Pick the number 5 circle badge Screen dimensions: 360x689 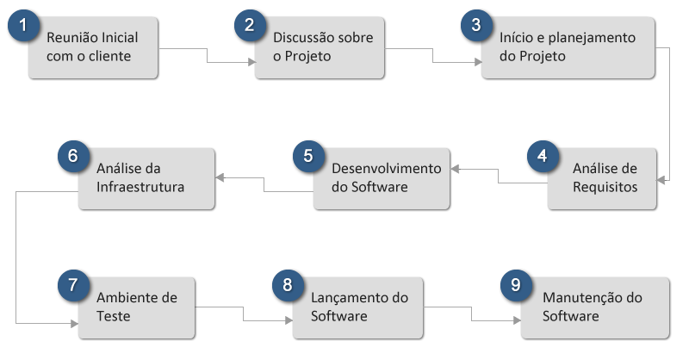pyautogui.click(x=308, y=157)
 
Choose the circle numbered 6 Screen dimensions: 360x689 pyautogui.click(x=74, y=157)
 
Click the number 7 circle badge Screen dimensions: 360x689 pyautogui.click(x=74, y=287)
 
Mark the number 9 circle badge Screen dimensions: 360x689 pyautogui.click(x=516, y=287)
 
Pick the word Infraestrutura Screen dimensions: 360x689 pyautogui.click(x=140, y=187)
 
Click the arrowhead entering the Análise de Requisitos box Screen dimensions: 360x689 pyautogui.click(x=661, y=180)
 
